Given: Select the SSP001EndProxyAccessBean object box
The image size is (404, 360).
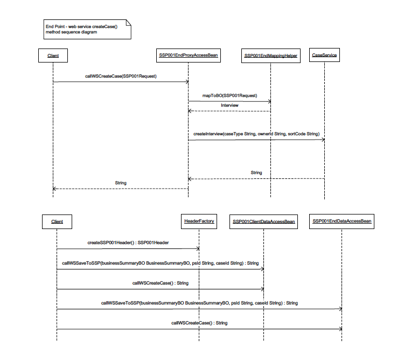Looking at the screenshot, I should tap(188, 55).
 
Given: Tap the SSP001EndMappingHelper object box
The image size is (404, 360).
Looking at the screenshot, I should tap(270, 56).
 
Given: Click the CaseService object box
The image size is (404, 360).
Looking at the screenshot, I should tap(324, 55).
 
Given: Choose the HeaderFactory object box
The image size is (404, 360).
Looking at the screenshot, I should tap(199, 221).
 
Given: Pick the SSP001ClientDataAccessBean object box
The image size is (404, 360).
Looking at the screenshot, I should tap(263, 221).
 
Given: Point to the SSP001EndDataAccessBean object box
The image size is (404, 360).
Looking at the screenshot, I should tap(342, 221).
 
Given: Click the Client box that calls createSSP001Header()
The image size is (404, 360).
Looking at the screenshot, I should tap(57, 221).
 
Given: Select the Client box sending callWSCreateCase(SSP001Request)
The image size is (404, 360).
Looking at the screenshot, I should tap(53, 55).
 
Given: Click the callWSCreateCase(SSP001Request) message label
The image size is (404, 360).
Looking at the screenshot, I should tap(120, 76).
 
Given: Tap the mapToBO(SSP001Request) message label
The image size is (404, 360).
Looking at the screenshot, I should tap(229, 95).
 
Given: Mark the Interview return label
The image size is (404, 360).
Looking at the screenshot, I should tap(229, 105).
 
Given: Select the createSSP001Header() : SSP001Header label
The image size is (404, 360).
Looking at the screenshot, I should tap(128, 243).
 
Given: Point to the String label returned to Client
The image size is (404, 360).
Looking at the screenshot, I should tap(121, 183).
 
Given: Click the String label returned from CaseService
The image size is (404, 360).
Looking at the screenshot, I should tap(256, 172).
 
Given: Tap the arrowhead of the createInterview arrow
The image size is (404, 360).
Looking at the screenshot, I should tap(323, 140).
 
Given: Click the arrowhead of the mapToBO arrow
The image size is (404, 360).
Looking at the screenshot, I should tap(268, 101).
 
